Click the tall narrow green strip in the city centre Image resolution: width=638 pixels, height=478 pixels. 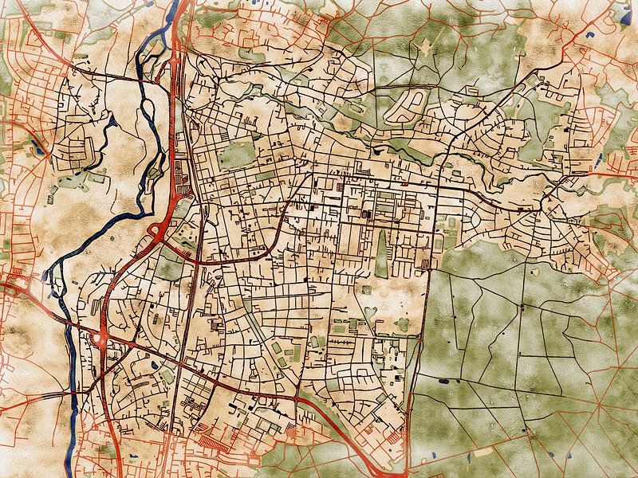tap(382, 254)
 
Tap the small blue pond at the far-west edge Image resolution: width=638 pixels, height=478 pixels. tap(37, 147)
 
